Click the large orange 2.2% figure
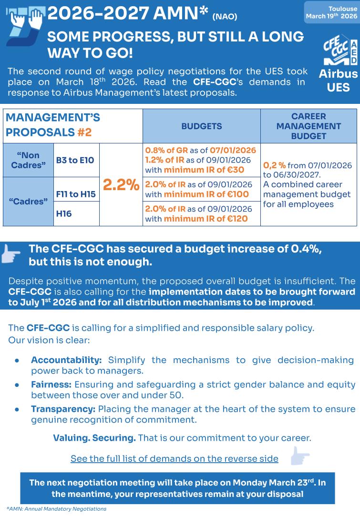(x=121, y=185)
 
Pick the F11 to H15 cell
(x=76, y=194)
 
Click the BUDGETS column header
(x=201, y=126)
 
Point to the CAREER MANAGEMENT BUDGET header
(x=309, y=126)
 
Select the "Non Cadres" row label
(x=28, y=160)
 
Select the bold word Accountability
(x=66, y=360)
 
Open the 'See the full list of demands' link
(x=175, y=458)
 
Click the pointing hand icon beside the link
(x=299, y=456)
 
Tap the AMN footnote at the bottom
(x=56, y=509)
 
